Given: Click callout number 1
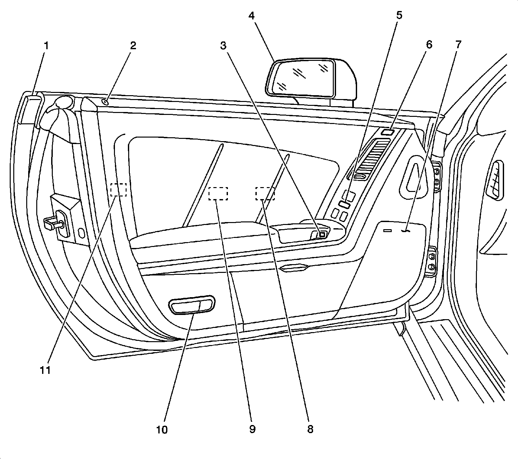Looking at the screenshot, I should click(46, 46).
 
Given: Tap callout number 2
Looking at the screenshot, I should click(133, 46).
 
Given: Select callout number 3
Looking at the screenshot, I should click(223, 46).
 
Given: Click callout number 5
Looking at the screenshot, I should click(399, 15).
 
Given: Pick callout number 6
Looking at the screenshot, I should click(429, 45).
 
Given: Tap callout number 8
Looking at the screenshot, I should click(310, 429).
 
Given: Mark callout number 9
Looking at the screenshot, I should click(252, 429).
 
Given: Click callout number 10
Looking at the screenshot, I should click(162, 430).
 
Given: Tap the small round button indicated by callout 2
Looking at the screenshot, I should click(105, 102).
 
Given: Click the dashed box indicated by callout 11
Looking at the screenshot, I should click(118, 190).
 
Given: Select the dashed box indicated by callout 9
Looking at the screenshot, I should click(218, 194).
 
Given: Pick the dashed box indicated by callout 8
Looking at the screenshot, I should click(265, 193).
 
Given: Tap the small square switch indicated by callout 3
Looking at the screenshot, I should click(322, 234).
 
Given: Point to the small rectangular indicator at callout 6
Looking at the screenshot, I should click(387, 132).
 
